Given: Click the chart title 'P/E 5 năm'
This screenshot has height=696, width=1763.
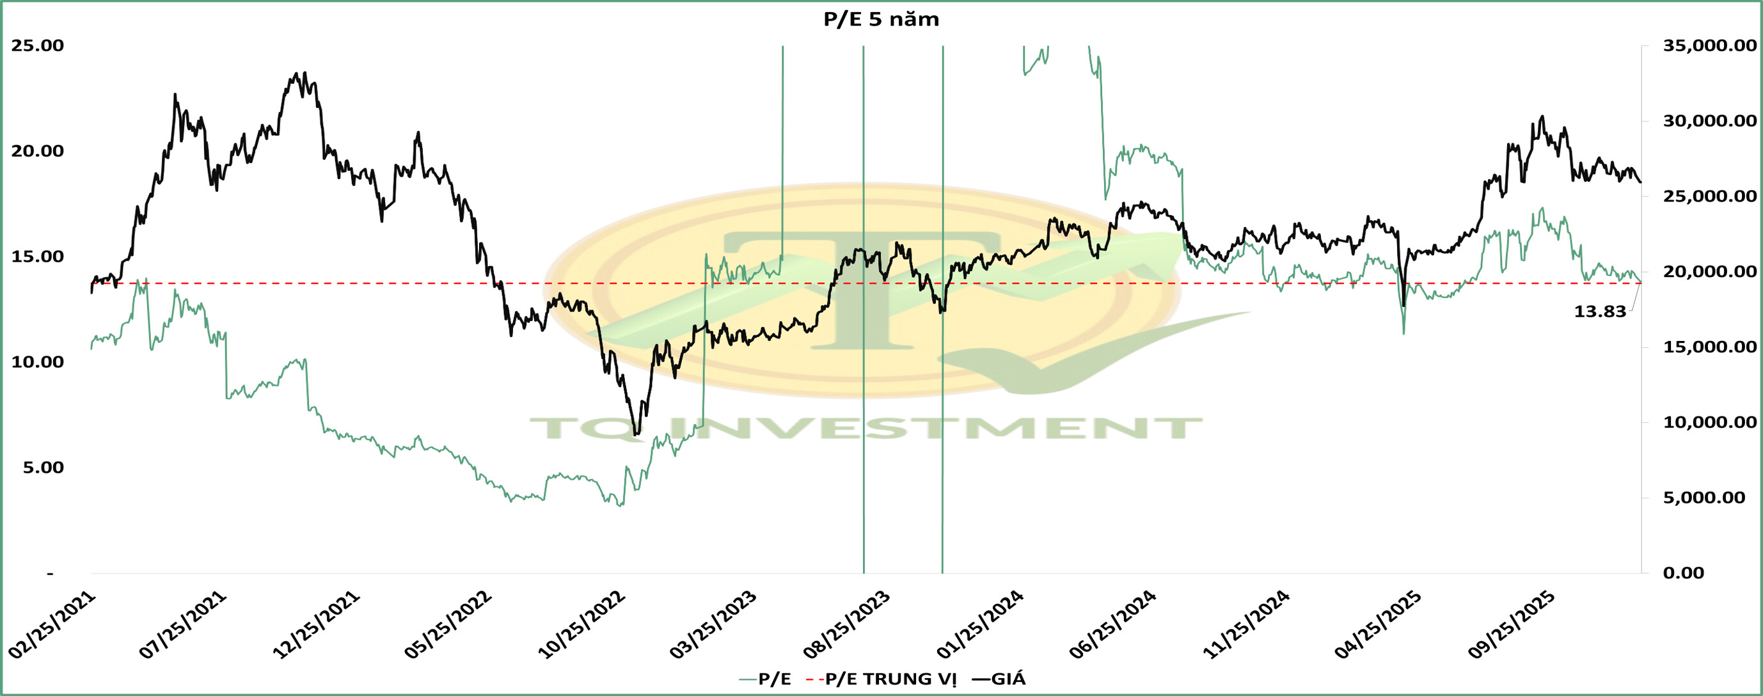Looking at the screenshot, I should point(881,20).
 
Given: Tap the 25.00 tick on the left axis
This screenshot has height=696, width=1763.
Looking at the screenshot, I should point(37,46).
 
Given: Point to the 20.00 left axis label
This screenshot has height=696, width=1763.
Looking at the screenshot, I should point(37,151).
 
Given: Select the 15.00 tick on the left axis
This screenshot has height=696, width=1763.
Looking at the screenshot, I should point(37,257).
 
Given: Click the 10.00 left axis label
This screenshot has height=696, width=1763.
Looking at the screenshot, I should point(37,362).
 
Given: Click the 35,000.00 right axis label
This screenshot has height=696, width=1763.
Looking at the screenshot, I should point(1708,46).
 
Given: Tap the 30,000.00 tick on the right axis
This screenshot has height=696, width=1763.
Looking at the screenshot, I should point(1708,121).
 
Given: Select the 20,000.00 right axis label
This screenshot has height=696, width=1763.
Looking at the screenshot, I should point(1708,272).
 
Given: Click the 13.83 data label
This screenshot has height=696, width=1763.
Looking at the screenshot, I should point(1599,312).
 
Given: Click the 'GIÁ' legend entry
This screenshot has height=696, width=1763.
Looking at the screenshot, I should point(1008,679).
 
